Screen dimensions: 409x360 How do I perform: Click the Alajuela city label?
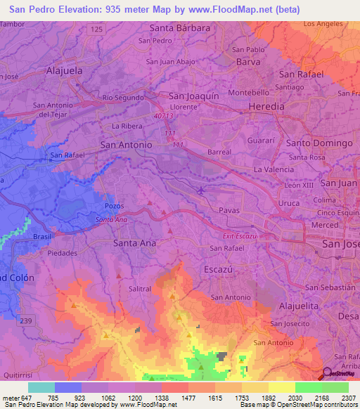[x=64, y=71]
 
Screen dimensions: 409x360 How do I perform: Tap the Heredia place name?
[x=267, y=106]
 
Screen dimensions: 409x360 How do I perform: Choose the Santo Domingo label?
[x=319, y=143]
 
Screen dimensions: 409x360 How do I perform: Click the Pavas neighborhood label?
[x=229, y=210]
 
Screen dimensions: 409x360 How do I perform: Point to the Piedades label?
[x=63, y=252]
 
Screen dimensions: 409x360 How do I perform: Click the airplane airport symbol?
[x=203, y=190]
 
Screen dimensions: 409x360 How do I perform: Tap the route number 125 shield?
[x=96, y=29]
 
